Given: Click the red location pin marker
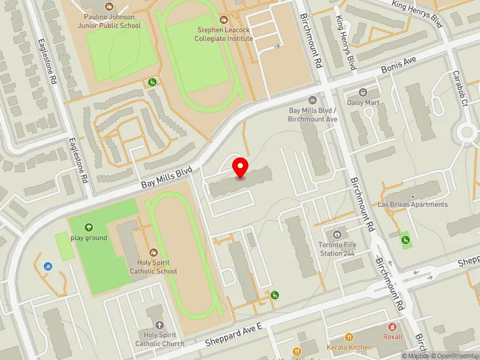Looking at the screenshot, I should [241, 168].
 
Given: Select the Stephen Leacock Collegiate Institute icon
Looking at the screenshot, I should [224, 19].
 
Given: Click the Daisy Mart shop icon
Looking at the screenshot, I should [363, 92].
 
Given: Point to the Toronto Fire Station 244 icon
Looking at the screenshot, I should [337, 234].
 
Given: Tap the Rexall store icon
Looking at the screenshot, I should [393, 327].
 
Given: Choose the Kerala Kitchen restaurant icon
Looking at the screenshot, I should [349, 337].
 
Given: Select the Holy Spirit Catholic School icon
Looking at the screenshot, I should [154, 253].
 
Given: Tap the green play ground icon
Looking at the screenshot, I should [89, 227].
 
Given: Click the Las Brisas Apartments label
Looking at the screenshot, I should [413, 204].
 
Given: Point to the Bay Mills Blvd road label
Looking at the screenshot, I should [167, 178].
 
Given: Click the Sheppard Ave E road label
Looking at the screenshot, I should [235, 334].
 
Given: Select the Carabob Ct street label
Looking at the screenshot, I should [460, 88].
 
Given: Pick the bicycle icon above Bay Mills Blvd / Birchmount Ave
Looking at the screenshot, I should [311, 101].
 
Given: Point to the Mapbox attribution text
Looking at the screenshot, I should [414, 356].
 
